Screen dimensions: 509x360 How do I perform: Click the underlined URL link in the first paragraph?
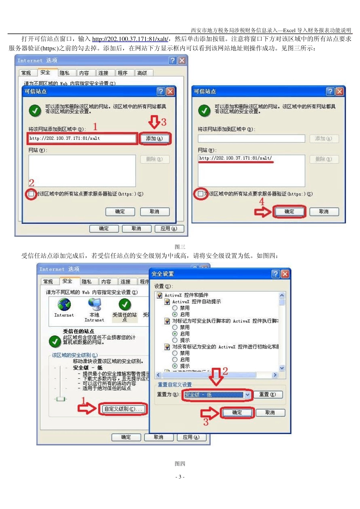[x=130, y=39]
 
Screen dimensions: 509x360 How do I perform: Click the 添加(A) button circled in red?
[x=155, y=139]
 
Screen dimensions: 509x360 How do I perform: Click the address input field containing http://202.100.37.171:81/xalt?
[x=82, y=139]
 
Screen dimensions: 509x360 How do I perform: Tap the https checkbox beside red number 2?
[x=31, y=194]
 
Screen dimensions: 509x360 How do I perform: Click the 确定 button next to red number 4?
[x=289, y=212]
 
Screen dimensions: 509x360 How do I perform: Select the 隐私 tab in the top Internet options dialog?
[x=64, y=73]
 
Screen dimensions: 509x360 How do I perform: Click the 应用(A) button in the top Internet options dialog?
[x=169, y=229]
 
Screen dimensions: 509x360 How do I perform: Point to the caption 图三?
[x=180, y=247]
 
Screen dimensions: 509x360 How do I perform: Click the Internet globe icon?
[x=64, y=304]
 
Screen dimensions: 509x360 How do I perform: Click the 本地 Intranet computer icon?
[x=94, y=304]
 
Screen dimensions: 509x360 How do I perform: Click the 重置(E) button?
[x=268, y=395]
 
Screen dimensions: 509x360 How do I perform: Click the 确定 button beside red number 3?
[x=237, y=413]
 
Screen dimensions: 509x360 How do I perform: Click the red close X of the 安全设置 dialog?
[x=285, y=274]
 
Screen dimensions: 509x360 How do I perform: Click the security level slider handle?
[x=60, y=399]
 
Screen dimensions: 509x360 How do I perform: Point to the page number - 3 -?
[x=180, y=477]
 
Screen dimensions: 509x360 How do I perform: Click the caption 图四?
[x=180, y=464]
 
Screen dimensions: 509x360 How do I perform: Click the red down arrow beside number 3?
[x=154, y=122]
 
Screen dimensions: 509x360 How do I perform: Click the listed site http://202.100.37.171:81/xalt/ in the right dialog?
[x=235, y=158]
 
